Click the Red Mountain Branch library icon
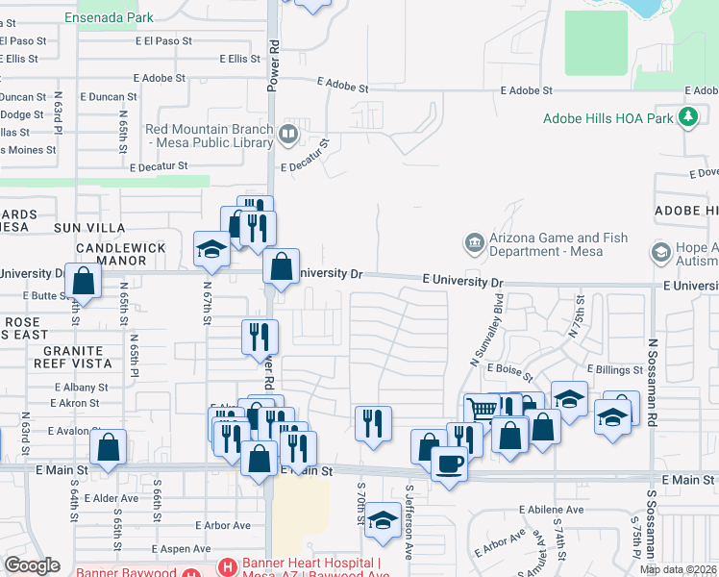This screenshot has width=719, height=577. (287, 132)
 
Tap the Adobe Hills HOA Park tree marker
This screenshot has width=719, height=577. (687, 117)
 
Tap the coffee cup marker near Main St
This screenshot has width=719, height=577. (449, 465)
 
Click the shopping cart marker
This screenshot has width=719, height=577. (482, 411)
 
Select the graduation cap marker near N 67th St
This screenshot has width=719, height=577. (211, 250)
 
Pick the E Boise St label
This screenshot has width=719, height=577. (508, 368)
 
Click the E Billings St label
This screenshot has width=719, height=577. (616, 369)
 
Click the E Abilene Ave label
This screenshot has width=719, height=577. (551, 510)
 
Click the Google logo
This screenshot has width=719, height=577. (32, 565)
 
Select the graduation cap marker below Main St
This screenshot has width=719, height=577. (383, 520)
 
